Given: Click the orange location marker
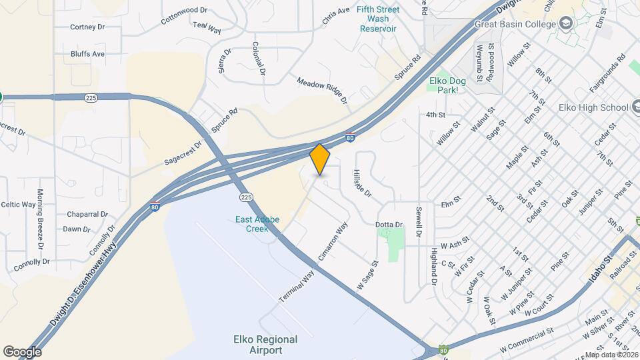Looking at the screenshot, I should (320, 159).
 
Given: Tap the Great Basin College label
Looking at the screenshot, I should (515, 24).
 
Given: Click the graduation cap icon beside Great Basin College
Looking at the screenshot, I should (567, 24).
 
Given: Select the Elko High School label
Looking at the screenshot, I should (593, 107).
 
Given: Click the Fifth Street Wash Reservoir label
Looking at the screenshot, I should (378, 19).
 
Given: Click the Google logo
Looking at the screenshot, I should (22, 351).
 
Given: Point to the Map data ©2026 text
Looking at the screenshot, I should (611, 355).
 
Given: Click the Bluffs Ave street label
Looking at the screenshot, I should (88, 54).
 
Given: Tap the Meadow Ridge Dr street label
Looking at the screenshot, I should (323, 89).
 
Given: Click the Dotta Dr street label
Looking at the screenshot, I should (389, 225).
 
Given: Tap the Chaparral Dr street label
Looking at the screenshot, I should (87, 215).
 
